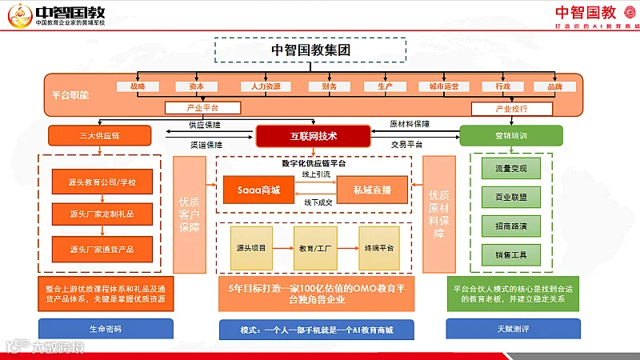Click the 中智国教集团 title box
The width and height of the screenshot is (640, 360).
[x=312, y=50]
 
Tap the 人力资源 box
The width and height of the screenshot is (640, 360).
[x=261, y=86]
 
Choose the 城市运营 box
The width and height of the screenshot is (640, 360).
[x=444, y=86]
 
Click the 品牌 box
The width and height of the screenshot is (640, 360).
[x=555, y=86]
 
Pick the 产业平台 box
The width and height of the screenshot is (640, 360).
[x=202, y=108]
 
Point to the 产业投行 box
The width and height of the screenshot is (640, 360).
[x=512, y=109]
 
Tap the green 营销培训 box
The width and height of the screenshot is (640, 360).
[x=511, y=135]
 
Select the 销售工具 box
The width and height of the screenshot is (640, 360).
[x=511, y=254]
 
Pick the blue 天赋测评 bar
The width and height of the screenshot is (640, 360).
[x=511, y=329]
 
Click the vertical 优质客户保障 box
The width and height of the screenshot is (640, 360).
[x=190, y=214]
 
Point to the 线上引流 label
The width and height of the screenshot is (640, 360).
[x=314, y=174]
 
